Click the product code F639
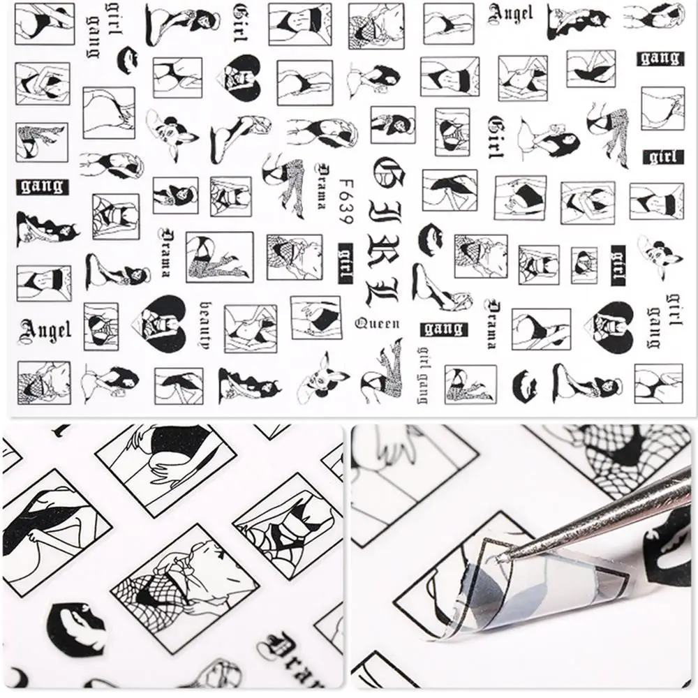point(343,199)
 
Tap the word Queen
point(378,323)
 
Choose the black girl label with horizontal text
point(662,156)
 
